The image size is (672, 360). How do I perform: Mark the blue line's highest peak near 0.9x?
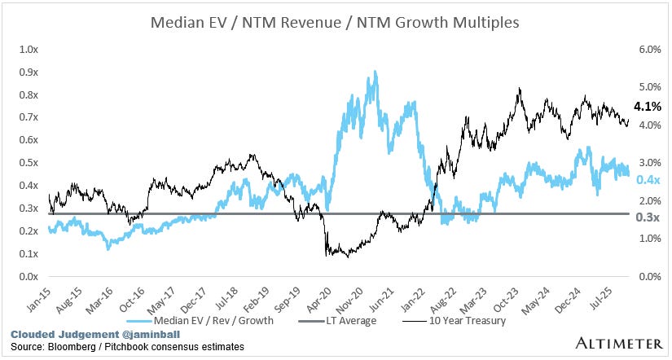pyautogui.click(x=374, y=72)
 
